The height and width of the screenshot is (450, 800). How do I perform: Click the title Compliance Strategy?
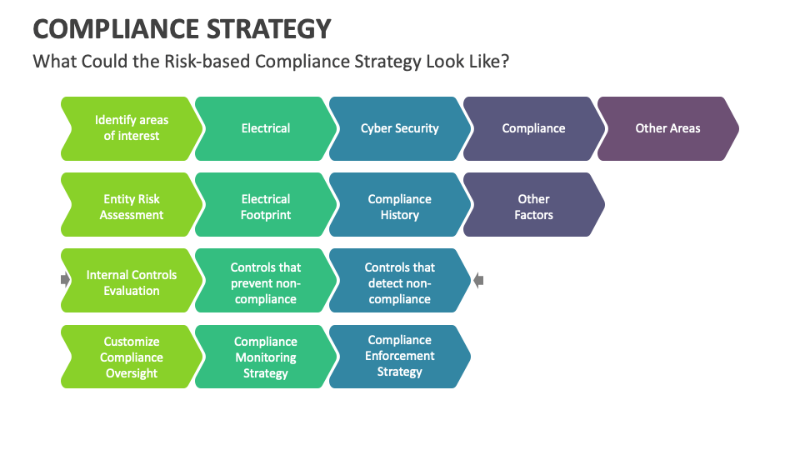pyautogui.click(x=182, y=28)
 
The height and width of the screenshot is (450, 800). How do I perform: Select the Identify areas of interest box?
pyautogui.click(x=131, y=128)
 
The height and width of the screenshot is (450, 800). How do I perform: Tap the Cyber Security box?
pyautogui.click(x=399, y=128)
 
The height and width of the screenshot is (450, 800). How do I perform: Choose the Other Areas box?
pyautogui.click(x=667, y=128)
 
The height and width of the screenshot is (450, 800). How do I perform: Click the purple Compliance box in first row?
pyautogui.click(x=533, y=128)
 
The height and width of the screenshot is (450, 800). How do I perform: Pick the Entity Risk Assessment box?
pyautogui.click(x=131, y=207)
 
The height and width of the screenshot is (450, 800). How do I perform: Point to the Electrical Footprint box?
pyautogui.click(x=265, y=207)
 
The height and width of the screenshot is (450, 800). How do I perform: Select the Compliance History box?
pyautogui.click(x=399, y=207)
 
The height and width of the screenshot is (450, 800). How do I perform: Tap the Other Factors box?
pyautogui.click(x=533, y=207)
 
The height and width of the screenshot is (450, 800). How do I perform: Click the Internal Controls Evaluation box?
pyautogui.click(x=131, y=282)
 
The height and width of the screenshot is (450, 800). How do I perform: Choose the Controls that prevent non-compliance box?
pyautogui.click(x=265, y=282)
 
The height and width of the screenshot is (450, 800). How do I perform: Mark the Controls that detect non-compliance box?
pyautogui.click(x=399, y=282)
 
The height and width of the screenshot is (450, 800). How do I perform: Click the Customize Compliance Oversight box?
pyautogui.click(x=131, y=357)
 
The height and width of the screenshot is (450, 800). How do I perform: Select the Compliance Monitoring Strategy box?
pyautogui.click(x=265, y=357)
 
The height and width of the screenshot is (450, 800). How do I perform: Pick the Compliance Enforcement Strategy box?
pyautogui.click(x=399, y=356)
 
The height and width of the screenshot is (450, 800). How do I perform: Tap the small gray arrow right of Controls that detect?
pyautogui.click(x=478, y=281)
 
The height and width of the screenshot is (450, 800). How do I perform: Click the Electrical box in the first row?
pyautogui.click(x=265, y=128)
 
